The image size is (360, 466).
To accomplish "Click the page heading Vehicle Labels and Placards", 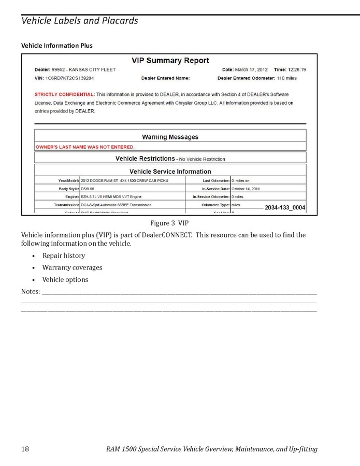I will pos(79,21).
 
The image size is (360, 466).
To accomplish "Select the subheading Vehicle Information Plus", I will pos(56,46).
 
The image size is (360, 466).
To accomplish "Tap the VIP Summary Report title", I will pos(170,61).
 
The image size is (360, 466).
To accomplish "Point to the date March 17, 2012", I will pos(252,69).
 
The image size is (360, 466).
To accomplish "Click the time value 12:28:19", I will pos(297,69).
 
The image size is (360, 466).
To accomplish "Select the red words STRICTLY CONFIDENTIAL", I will pos(65,94).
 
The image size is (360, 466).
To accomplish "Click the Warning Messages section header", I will pos(170,137).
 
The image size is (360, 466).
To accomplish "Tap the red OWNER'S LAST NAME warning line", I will pos(84,147).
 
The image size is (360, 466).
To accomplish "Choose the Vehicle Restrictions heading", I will pos(145,159).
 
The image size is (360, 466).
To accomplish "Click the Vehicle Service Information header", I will pos(170,172).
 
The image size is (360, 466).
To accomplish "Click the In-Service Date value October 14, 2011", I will pos(249,189).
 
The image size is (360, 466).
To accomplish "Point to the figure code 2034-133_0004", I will pos(285,208).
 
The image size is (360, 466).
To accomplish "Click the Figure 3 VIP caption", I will pos(169,223).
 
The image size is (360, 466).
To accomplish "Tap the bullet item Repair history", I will pos(64,256).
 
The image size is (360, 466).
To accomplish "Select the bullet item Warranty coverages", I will pos(72,267).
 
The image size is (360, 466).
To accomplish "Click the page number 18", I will pos(25,448).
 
